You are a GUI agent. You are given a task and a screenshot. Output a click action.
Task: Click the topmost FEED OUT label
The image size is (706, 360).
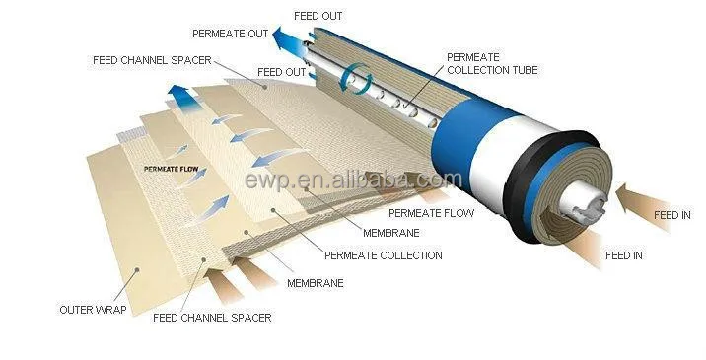(x=320, y=17)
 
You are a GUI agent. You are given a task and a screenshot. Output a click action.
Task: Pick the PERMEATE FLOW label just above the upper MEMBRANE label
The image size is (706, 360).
(x=431, y=213)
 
